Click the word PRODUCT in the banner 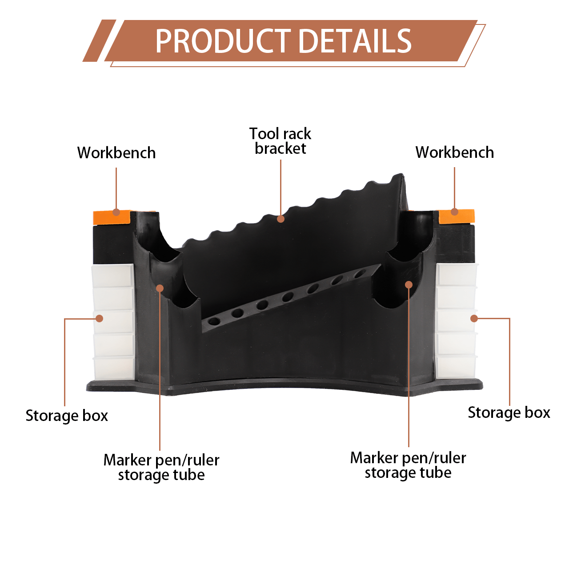223,41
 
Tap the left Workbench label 116,153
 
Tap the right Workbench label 454,152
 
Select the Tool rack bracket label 280,141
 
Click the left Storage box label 67,416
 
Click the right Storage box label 509,413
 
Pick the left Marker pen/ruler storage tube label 161,467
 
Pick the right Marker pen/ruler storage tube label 408,465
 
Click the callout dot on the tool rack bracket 280,219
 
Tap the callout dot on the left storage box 100,318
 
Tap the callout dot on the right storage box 474,318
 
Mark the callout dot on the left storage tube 160,289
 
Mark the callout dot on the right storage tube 409,284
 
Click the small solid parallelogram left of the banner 99,41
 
